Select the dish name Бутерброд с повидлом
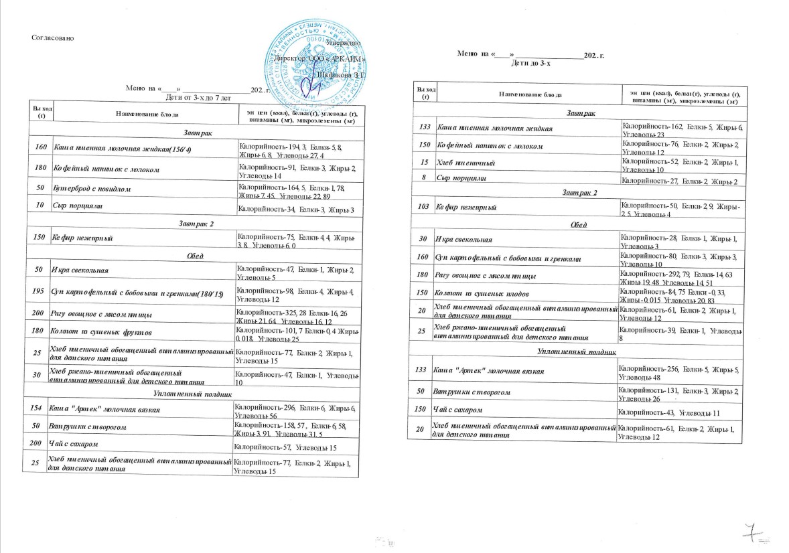(x=91, y=189)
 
